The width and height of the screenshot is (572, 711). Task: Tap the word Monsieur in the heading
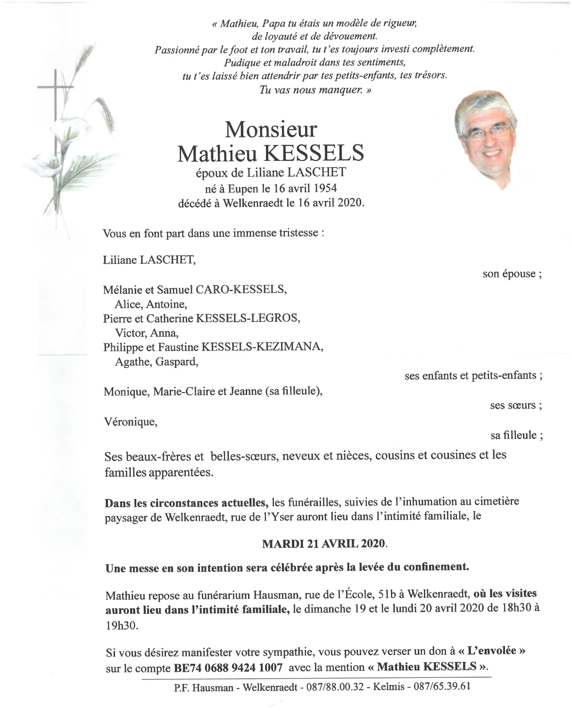coord(270,128)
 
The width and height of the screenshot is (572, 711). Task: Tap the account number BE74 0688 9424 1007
coord(228,668)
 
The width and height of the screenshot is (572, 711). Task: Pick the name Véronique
coord(130,422)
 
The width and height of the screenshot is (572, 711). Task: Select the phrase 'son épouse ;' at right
coord(512,274)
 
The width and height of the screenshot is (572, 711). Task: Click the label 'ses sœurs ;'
coord(515,405)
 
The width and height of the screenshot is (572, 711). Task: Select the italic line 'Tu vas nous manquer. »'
coord(315,90)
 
